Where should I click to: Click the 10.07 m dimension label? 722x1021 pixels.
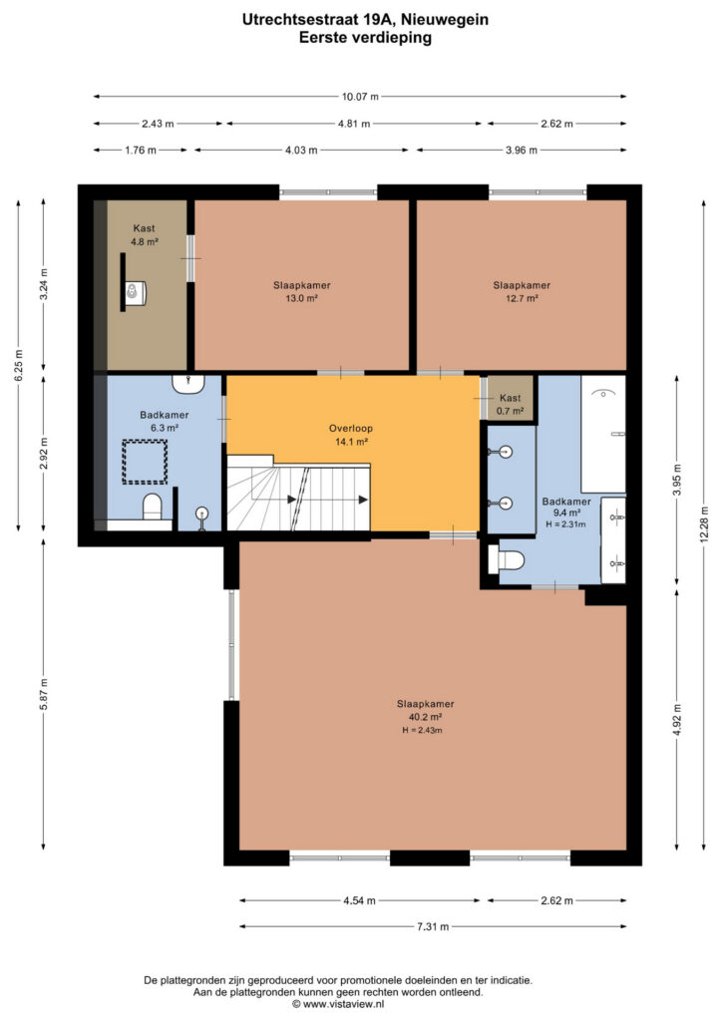(x=360, y=97)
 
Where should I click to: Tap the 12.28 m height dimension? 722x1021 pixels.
(x=704, y=526)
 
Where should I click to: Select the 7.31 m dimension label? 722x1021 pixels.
(x=433, y=926)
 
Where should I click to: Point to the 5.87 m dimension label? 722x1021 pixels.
(x=44, y=694)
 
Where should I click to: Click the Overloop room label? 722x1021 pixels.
(x=351, y=435)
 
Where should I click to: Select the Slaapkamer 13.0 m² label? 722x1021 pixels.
(x=301, y=292)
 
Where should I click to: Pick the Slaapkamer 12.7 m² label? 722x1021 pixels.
(x=522, y=292)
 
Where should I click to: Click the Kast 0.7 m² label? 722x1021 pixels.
(x=510, y=405)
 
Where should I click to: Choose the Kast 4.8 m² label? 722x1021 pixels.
(x=144, y=234)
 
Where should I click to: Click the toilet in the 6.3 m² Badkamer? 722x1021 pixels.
(x=153, y=506)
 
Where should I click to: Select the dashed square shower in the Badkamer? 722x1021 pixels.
(x=145, y=462)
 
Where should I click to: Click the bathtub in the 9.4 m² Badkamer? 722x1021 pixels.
(x=603, y=434)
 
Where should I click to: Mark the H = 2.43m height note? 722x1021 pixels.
(x=422, y=731)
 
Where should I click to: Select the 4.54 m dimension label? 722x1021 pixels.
(x=359, y=900)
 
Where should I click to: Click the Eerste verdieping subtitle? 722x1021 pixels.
(x=365, y=38)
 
